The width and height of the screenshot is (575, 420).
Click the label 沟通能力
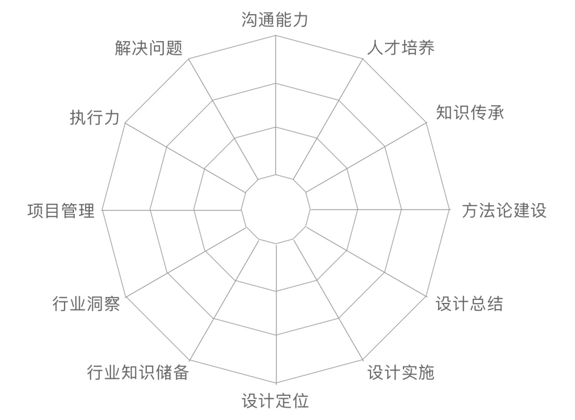(x=275, y=20)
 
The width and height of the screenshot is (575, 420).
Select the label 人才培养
(x=401, y=48)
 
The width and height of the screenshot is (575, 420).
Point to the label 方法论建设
(x=504, y=210)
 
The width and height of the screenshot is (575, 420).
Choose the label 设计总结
(x=469, y=303)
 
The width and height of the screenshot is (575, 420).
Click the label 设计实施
(x=401, y=372)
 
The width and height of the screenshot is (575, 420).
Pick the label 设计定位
(x=275, y=401)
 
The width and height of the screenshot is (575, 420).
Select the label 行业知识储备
(x=137, y=372)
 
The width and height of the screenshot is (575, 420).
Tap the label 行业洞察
(x=86, y=303)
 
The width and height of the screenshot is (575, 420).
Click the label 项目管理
(x=61, y=210)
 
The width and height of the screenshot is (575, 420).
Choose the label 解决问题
(x=148, y=48)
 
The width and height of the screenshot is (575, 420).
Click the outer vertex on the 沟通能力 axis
(x=276, y=36)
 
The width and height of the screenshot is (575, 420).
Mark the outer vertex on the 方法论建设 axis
(x=450, y=209)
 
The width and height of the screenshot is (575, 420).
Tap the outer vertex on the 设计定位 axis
(x=276, y=383)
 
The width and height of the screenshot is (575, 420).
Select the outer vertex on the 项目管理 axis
(x=102, y=209)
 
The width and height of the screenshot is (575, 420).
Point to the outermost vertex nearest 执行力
(x=125, y=123)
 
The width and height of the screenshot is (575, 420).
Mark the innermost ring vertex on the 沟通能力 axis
(x=276, y=174)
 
